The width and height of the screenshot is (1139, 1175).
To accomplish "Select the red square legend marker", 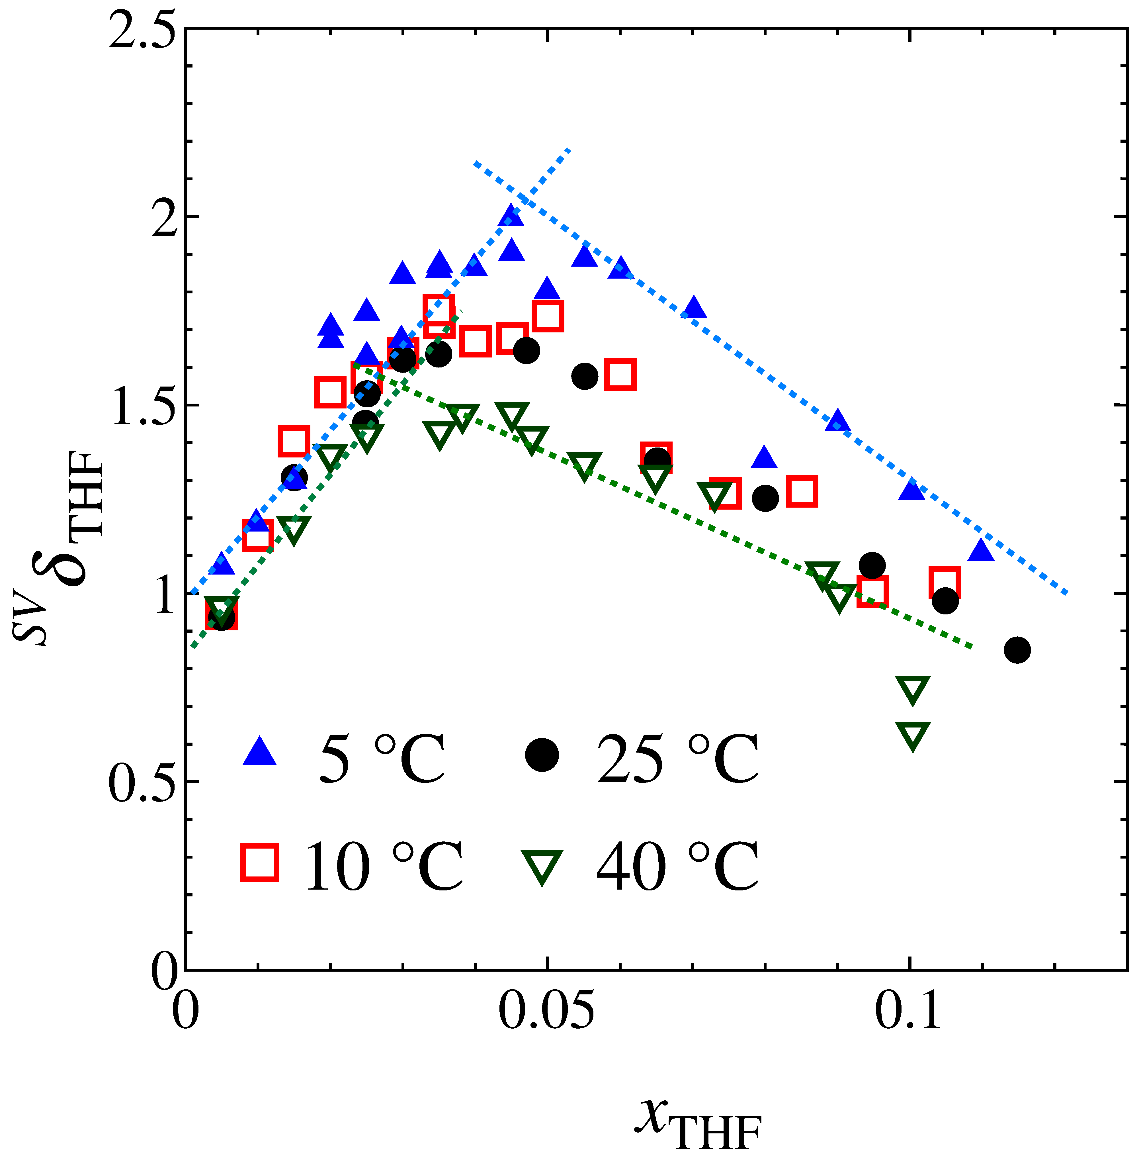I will [259, 862].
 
